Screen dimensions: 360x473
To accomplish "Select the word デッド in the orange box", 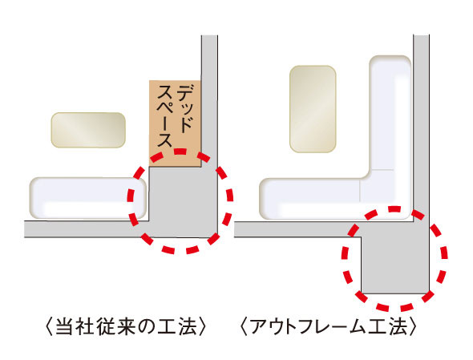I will pos(186,103).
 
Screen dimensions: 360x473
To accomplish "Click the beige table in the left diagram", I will pos(89,130).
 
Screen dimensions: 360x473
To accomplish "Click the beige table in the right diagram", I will pos(312,109).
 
